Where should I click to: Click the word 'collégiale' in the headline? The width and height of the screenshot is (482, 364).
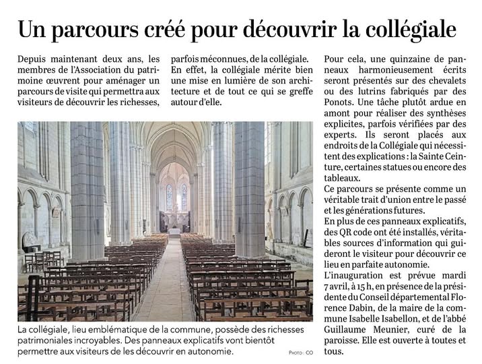click(x=407, y=30)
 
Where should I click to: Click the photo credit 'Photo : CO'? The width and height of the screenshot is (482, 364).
click(x=301, y=353)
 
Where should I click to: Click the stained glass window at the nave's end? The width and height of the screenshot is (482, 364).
click(x=176, y=197)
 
